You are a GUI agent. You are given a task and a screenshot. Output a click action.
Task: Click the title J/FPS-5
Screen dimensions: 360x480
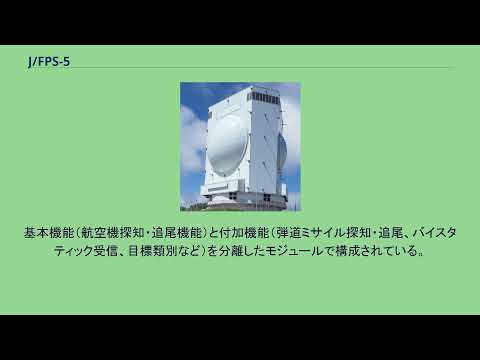pos(49,61)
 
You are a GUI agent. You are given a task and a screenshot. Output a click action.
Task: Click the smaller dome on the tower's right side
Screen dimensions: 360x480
pos(283,150)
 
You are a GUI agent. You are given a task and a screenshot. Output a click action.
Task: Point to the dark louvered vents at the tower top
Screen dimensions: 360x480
pos(261,99)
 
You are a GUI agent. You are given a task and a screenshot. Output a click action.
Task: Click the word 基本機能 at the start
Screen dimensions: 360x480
pos(46,232)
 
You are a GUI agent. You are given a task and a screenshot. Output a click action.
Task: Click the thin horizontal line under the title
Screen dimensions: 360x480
pos(240,68)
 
